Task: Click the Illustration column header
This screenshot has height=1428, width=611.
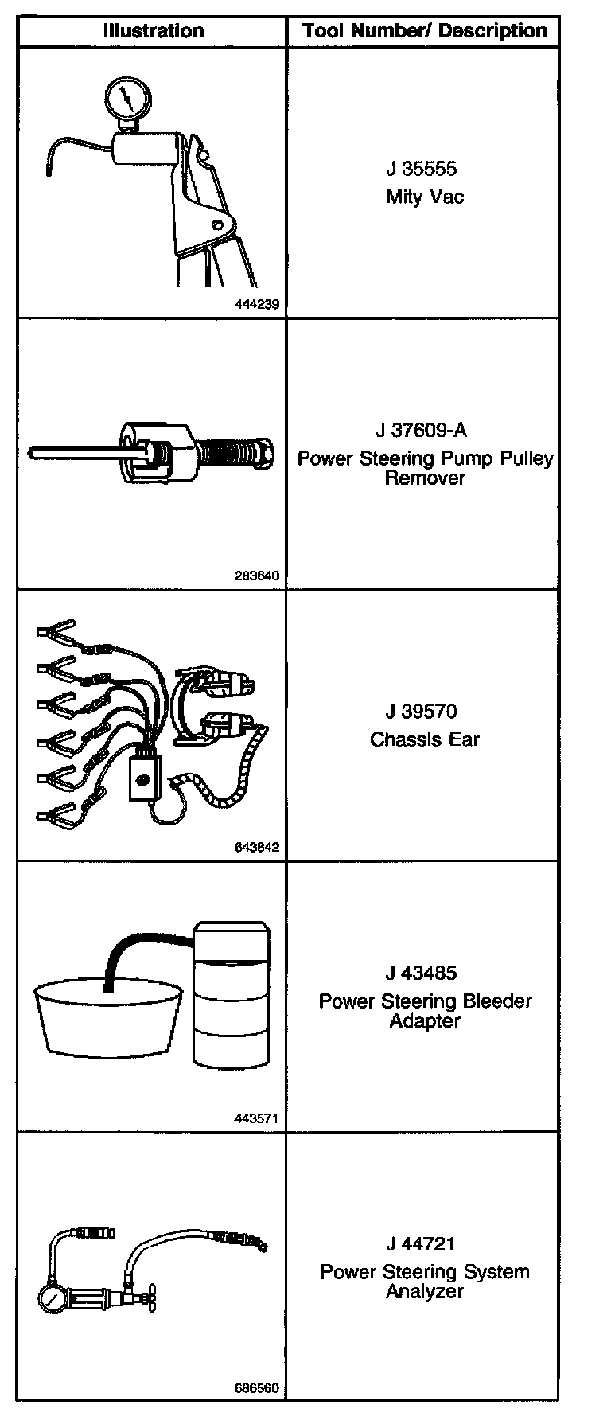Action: click(x=153, y=31)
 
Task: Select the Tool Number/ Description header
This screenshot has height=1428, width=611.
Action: click(x=424, y=31)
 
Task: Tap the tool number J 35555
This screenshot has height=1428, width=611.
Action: click(x=422, y=169)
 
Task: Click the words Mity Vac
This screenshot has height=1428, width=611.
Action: click(x=425, y=197)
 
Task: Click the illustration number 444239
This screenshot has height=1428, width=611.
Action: click(x=257, y=304)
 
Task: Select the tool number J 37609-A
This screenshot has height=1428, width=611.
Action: click(x=421, y=431)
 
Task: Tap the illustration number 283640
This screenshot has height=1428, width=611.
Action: click(x=257, y=575)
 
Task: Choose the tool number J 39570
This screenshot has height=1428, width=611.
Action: click(x=422, y=712)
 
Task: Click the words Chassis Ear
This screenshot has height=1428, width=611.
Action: click(x=425, y=739)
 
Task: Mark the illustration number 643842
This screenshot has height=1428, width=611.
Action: click(x=257, y=847)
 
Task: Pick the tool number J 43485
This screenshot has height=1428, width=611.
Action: click(x=422, y=973)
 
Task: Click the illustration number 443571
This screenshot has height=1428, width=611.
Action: click(x=257, y=1118)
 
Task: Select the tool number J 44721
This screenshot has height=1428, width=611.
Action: click(x=422, y=1243)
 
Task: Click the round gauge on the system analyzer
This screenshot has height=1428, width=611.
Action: click(x=52, y=1301)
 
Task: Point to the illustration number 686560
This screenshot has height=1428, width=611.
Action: click(x=257, y=1389)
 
